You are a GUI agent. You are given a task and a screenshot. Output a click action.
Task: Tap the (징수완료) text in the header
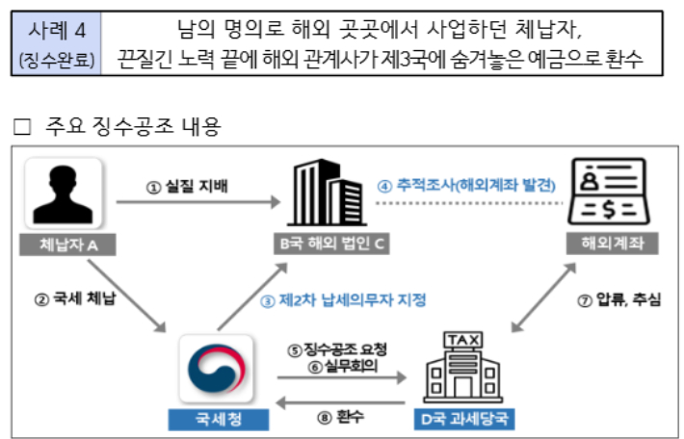(x=55, y=60)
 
